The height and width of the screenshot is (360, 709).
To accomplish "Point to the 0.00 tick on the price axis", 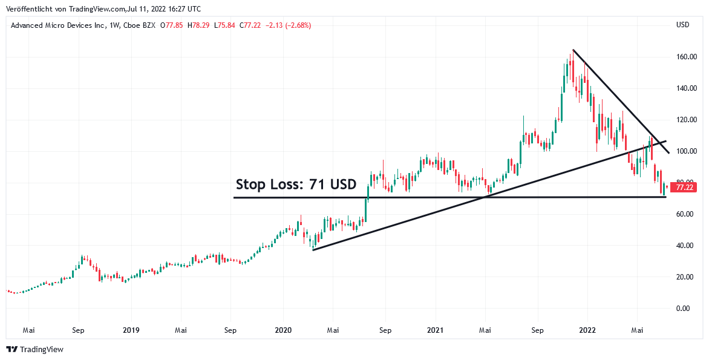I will tap(683, 309).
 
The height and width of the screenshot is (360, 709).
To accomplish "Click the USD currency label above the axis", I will tap(682, 25).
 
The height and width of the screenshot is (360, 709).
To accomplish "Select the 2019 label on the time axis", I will tap(131, 330).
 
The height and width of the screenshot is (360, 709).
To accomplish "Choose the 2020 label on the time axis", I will tap(283, 330).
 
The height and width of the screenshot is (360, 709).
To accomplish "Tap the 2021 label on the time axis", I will tap(436, 330).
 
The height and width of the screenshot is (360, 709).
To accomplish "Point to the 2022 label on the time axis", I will tap(587, 330).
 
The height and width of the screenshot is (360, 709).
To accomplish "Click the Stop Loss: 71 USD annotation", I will tap(296, 185).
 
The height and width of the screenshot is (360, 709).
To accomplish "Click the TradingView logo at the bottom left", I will tap(35, 349).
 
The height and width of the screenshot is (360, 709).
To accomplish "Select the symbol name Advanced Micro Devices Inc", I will tap(57, 25).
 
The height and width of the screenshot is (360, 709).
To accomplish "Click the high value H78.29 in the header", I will tap(198, 25).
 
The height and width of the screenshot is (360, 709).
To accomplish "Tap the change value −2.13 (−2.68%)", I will tap(289, 25).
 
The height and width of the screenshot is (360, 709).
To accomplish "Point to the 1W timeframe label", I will tap(113, 25).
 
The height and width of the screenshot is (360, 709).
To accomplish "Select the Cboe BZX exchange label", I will tap(140, 25).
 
